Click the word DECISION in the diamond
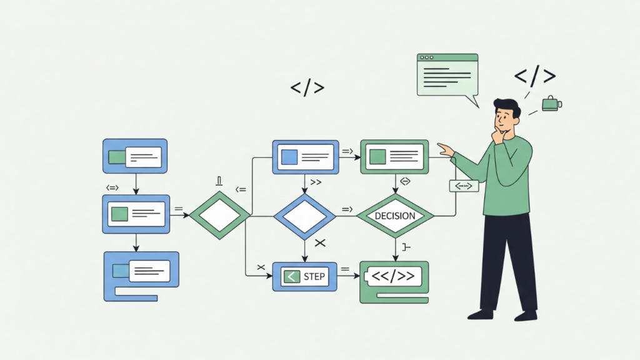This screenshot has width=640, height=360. point(394,216)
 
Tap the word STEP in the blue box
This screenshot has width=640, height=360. point(314,276)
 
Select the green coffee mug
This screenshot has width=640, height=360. point(551,103)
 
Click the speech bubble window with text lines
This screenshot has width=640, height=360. point(447,76)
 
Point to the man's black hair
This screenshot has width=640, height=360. point(507,106)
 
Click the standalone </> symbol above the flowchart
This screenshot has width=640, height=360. point(307,88)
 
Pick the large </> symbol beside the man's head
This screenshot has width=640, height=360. point(534,77)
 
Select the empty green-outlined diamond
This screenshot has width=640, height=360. point(219,216)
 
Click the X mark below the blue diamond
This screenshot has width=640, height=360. point(321,242)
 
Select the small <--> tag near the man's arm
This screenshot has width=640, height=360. point(463,186)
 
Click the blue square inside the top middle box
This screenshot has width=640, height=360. point(289,157)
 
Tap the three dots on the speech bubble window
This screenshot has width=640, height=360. point(427,57)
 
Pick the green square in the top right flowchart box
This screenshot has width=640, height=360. point(377,156)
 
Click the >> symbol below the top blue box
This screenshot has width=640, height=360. point(316,182)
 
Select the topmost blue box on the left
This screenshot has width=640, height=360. point(135,156)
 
